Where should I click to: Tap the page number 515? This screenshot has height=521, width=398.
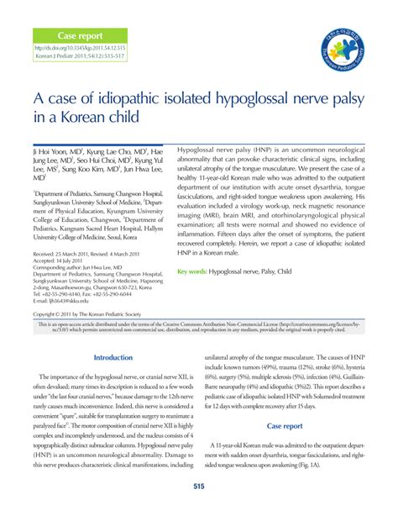point(199,487)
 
